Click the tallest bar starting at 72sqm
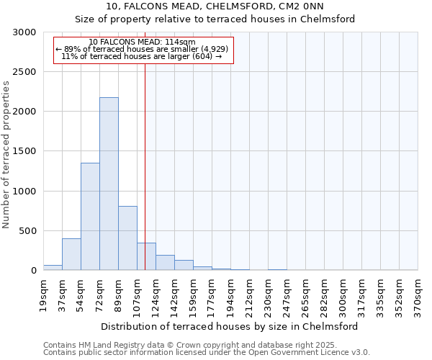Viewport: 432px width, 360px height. pos(109,184)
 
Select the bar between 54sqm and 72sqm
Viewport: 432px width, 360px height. pos(90,216)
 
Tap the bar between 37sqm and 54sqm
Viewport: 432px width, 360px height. pos(71,254)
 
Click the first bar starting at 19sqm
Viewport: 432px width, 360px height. pos(53,267)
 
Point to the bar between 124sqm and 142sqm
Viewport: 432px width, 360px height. pos(165,263)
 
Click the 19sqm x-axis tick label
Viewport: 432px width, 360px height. pos(44,293)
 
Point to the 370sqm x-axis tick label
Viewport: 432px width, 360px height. pos(418,295)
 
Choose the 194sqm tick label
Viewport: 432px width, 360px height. pos(231,295)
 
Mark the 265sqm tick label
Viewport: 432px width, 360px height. pos(306,295)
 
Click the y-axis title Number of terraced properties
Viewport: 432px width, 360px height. pos(6,155)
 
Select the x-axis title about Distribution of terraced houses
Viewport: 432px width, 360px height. pos(230,326)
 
